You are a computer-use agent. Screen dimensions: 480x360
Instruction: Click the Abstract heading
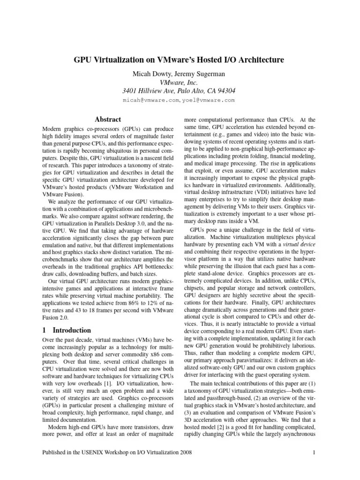[x=108, y=120]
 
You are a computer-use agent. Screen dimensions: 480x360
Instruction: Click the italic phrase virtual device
[x=299, y=245]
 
